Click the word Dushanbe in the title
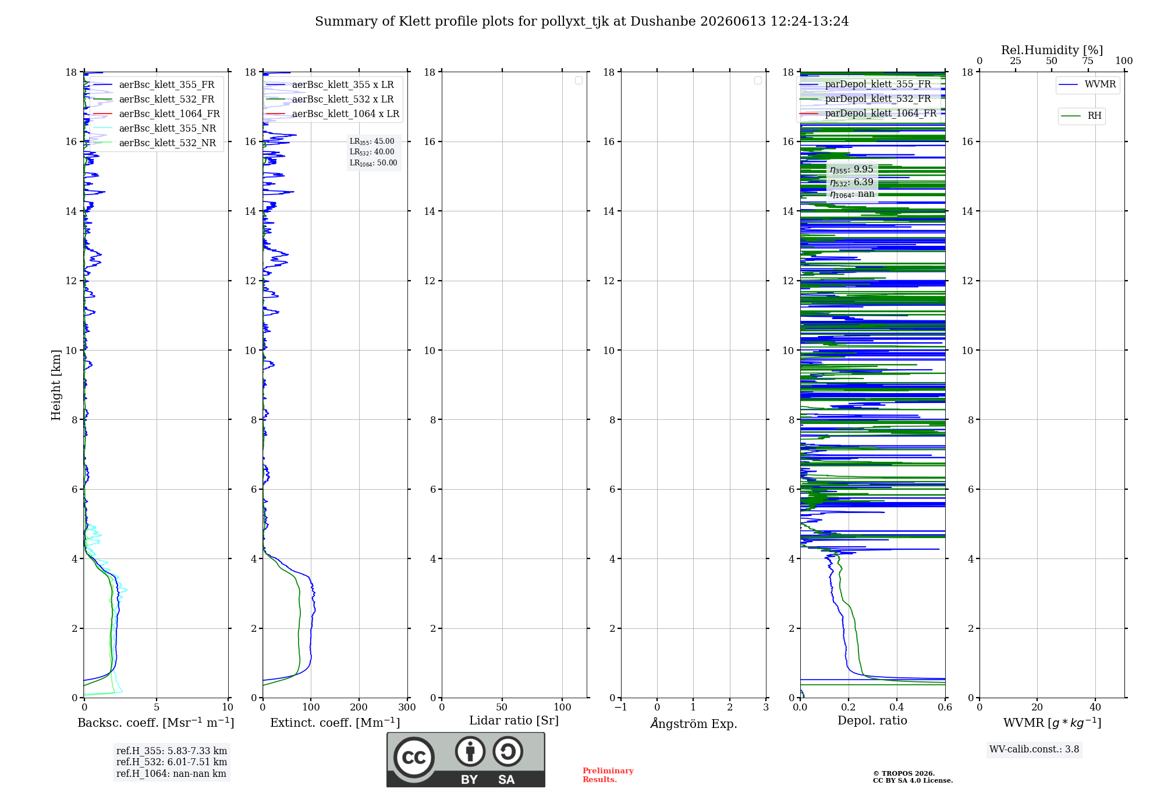(x=663, y=22)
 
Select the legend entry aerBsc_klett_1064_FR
(x=157, y=114)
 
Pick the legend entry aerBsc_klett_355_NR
(x=155, y=129)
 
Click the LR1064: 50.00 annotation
(x=373, y=163)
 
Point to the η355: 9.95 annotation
(x=851, y=169)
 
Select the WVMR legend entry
(x=1087, y=84)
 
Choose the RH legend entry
(x=1081, y=116)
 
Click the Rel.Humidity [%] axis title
(x=1052, y=50)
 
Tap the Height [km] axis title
(x=56, y=385)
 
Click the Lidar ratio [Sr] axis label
(x=514, y=721)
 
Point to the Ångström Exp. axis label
(x=694, y=723)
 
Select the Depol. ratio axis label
(x=872, y=720)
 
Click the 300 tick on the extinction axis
(x=407, y=707)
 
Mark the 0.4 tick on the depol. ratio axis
(x=897, y=707)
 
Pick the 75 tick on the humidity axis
(x=1088, y=61)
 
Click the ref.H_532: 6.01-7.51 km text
(x=172, y=762)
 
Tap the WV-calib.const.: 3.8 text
(x=1034, y=749)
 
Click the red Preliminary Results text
(x=608, y=775)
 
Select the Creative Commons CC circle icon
(x=414, y=758)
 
